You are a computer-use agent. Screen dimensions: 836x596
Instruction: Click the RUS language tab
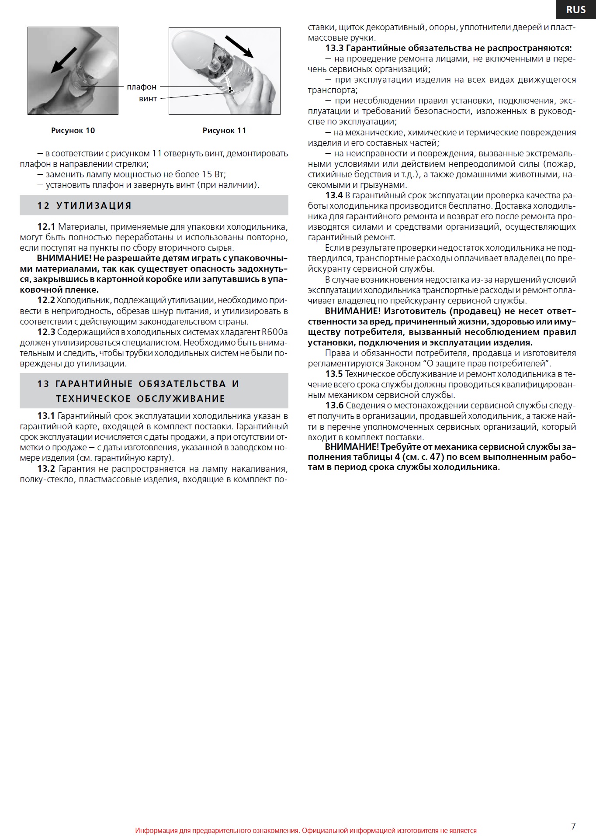click(575, 10)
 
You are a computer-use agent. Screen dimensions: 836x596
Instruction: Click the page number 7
click(573, 826)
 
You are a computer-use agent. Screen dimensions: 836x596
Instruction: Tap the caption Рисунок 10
click(73, 131)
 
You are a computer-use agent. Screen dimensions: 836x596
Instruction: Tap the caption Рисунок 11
click(224, 131)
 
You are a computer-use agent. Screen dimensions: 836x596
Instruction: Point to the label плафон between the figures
click(142, 87)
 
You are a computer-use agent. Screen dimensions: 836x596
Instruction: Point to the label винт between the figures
click(148, 99)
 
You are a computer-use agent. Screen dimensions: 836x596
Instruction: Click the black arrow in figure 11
click(239, 47)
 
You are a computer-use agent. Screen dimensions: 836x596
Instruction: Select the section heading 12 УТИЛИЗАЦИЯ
click(84, 206)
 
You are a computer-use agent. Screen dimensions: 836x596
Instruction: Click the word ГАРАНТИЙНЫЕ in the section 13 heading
click(94, 384)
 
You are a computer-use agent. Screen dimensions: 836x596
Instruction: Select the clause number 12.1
click(46, 227)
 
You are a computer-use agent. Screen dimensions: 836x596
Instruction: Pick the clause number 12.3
click(46, 332)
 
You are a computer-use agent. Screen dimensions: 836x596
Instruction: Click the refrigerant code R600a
click(274, 332)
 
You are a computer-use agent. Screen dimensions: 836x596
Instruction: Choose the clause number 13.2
click(46, 469)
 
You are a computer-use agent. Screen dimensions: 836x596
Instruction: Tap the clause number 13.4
click(334, 195)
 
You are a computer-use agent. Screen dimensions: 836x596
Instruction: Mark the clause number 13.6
click(334, 405)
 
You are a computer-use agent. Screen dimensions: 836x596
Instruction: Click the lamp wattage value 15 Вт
click(213, 174)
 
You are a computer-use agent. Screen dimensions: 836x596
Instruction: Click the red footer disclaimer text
click(306, 830)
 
